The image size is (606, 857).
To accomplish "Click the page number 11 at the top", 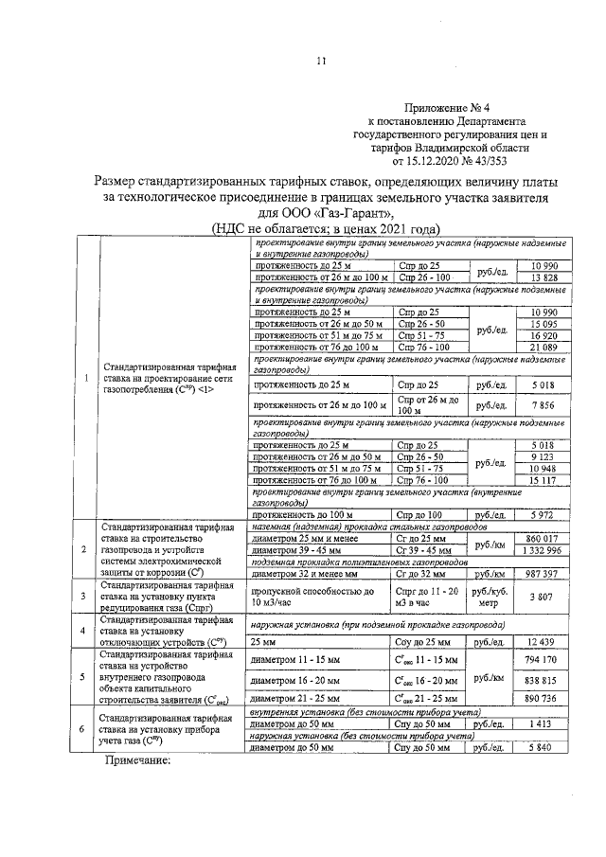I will pos(320,62).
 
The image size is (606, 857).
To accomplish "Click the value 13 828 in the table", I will pos(547,277).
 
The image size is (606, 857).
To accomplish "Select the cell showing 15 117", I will pos(547,480).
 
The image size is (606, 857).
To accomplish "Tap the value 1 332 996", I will pos(547,550).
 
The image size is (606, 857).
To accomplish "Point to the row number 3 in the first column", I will pos(85,597).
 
